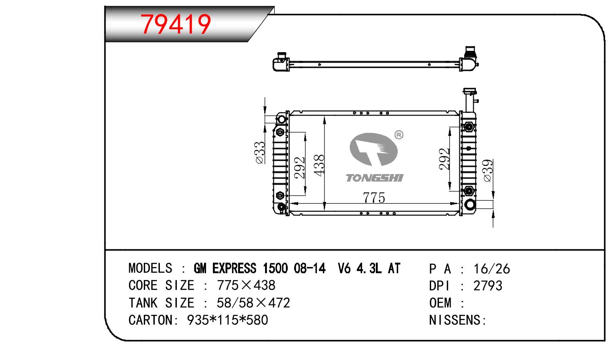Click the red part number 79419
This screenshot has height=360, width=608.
coord(176,24)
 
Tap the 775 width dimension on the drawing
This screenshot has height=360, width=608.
coord(374,198)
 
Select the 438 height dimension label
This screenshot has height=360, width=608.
coord(319,165)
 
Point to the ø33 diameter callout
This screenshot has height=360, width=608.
coord(260,152)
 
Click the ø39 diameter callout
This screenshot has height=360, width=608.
coord(488,171)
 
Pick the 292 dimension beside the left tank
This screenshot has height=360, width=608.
coord(300,168)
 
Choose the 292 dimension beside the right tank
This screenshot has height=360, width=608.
coord(444,159)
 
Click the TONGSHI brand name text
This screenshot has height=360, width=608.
coord(375,178)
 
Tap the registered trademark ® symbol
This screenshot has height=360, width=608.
coord(399,135)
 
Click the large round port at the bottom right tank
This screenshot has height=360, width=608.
coord(470,204)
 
